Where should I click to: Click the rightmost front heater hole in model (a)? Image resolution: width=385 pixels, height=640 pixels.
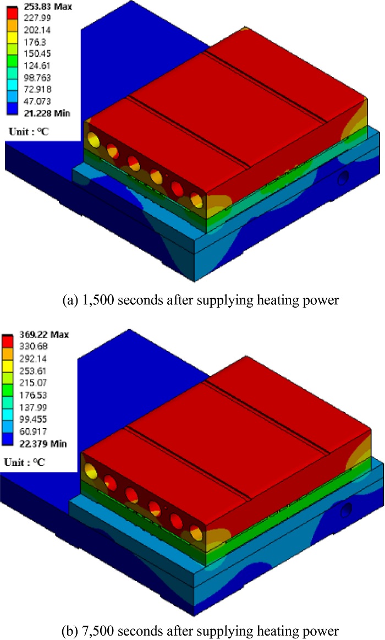click(197, 201)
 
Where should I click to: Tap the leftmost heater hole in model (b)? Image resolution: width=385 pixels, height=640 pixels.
click(89, 469)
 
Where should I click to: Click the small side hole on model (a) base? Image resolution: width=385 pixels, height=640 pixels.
click(344, 178)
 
